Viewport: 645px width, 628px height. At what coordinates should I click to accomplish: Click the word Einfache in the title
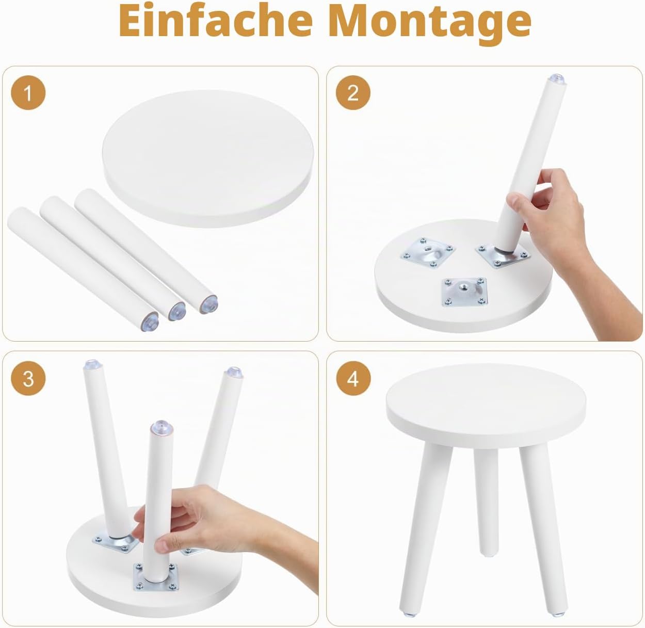[x=216, y=20]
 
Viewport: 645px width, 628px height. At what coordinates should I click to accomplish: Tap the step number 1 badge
[x=28, y=93]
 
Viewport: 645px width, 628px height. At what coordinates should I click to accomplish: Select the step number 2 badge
[x=353, y=93]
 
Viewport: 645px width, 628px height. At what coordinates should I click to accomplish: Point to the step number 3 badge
[x=28, y=378]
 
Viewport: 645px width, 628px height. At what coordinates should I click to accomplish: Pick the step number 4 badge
[x=353, y=378]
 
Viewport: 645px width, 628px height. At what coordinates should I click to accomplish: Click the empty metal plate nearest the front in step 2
[x=465, y=292]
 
